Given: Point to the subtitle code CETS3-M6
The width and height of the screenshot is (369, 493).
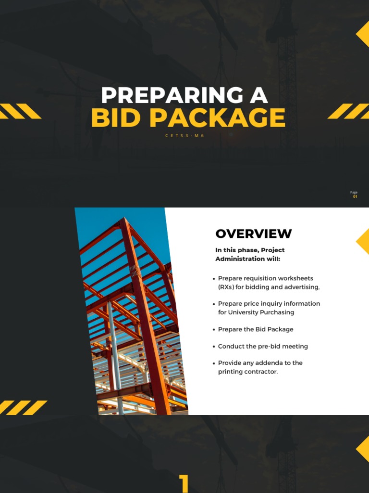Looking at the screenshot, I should [184, 136].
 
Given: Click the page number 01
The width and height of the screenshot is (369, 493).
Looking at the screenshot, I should [355, 196].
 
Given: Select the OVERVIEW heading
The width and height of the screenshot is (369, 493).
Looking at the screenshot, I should [253, 234].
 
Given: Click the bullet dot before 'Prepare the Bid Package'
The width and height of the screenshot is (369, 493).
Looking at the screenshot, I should [214, 330].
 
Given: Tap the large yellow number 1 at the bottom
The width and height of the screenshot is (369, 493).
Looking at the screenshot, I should [184, 483].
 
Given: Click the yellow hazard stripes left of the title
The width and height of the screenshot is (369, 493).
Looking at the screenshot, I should [20, 111].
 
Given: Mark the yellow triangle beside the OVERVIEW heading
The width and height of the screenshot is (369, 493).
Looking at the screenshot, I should [363, 241].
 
